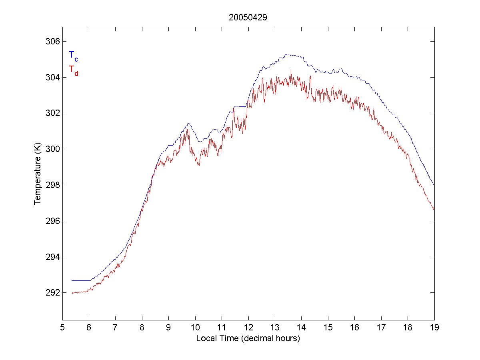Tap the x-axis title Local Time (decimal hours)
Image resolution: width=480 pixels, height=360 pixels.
pyautogui.click(x=248, y=338)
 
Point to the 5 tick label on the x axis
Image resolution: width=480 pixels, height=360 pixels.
pyautogui.click(x=62, y=328)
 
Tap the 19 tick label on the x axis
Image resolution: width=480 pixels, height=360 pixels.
pyautogui.click(x=434, y=328)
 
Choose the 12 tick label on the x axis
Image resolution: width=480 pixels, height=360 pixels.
pyautogui.click(x=248, y=328)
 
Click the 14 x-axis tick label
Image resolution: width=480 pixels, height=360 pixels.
pyautogui.click(x=302, y=328)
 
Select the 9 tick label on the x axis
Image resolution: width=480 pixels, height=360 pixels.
pyautogui.click(x=169, y=328)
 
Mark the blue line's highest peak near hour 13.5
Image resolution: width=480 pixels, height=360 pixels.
pyautogui.click(x=286, y=55)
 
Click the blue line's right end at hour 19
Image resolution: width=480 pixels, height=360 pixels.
pyautogui.click(x=434, y=185)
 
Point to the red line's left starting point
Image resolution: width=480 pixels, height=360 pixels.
pyautogui.click(x=72, y=294)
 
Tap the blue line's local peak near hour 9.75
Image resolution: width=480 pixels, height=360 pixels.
pyautogui.click(x=188, y=123)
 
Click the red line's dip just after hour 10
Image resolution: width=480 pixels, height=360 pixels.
pyautogui.click(x=199, y=165)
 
